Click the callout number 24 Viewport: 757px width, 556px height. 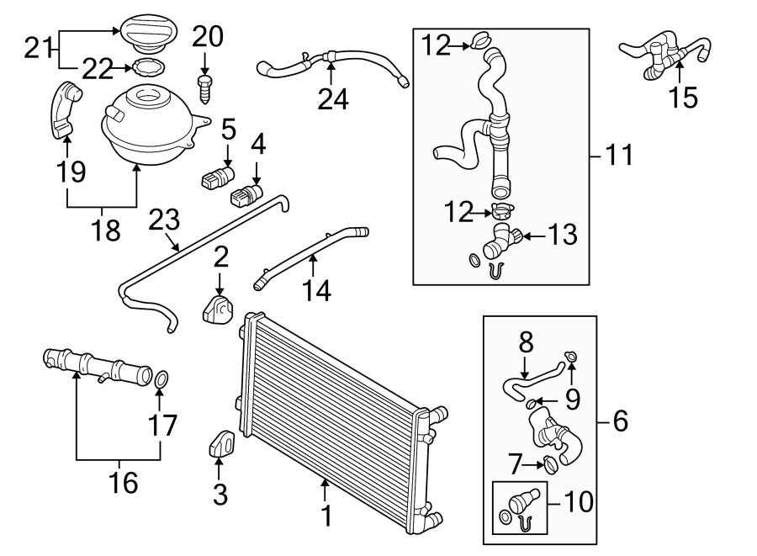(x=333, y=98)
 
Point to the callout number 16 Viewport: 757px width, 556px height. (x=119, y=483)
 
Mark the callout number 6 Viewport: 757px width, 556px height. (x=620, y=421)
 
